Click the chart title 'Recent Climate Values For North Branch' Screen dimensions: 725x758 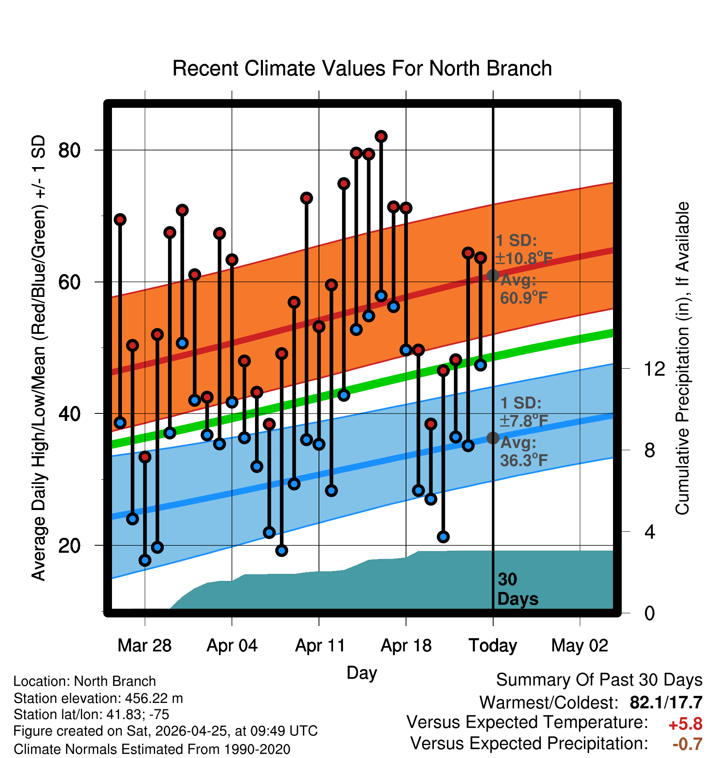[362, 68]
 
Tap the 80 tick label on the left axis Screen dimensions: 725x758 [70, 150]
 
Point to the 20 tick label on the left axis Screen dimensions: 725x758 [70, 545]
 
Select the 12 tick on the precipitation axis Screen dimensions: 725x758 [654, 369]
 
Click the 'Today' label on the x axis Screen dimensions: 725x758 [493, 646]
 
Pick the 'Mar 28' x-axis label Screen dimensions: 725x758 [145, 646]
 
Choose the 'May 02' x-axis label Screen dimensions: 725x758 [580, 646]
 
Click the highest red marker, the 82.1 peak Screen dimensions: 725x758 [381, 136]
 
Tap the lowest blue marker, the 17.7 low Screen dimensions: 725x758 [145, 560]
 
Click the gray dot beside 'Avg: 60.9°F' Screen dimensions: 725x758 [493, 275]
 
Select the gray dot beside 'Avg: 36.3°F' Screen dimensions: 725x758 [493, 438]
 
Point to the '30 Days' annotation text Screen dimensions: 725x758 [518, 589]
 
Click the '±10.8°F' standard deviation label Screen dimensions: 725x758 [524, 258]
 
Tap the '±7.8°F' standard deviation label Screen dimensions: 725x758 [524, 421]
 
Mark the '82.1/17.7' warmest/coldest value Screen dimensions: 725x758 [666, 703]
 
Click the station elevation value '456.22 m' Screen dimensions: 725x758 [154, 699]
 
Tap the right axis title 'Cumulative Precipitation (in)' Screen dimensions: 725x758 [682, 359]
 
